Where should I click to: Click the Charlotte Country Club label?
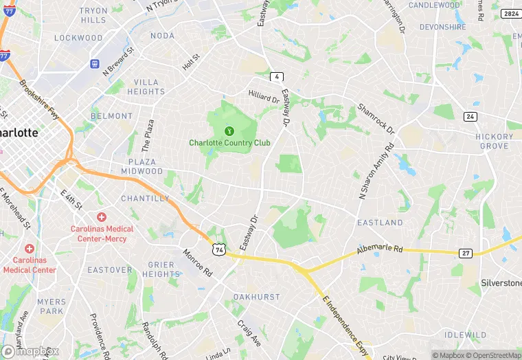click(x=229, y=143)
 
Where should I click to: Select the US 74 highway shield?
click(x=218, y=249)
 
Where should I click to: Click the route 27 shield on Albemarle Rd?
click(x=466, y=253)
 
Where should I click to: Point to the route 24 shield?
click(x=470, y=116)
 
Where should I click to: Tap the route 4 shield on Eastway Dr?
click(x=277, y=76)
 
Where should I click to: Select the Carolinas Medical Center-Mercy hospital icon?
click(x=101, y=217)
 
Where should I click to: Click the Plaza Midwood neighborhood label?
click(x=141, y=166)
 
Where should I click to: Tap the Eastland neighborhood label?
click(x=380, y=223)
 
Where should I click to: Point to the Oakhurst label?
click(x=256, y=297)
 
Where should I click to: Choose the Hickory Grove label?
click(x=495, y=141)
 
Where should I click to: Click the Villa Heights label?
click(x=146, y=87)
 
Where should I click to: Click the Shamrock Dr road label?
click(x=376, y=118)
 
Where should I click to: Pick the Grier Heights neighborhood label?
click(x=162, y=269)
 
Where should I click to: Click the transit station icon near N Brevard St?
click(x=95, y=63)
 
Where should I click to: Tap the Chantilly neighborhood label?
click(x=145, y=199)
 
